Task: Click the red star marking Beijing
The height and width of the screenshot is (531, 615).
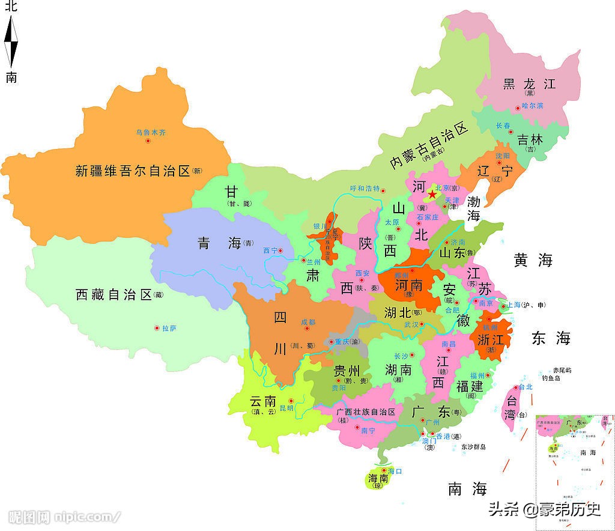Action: [432, 195]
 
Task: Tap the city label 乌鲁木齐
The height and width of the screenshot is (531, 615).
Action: [149, 132]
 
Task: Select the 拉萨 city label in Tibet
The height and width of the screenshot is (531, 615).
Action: [169, 328]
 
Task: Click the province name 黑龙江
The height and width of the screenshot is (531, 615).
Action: [529, 83]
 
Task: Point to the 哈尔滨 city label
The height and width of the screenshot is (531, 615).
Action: [532, 106]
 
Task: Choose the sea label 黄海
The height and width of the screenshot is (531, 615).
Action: [533, 260]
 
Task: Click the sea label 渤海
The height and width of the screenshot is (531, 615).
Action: [474, 208]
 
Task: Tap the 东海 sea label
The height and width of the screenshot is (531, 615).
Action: [550, 338]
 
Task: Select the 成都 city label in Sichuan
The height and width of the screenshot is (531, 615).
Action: [308, 322]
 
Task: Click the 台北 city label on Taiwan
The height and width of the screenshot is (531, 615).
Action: [526, 387]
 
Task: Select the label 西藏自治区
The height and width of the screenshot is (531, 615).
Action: [114, 294]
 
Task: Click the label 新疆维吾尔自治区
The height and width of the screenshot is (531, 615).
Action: [133, 171]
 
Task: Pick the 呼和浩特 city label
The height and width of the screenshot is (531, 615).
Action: [365, 188]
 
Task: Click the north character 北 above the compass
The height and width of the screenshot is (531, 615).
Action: [11, 7]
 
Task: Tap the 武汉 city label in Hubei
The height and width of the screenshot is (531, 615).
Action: [411, 324]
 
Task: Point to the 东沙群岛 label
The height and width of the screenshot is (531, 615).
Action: [473, 447]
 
